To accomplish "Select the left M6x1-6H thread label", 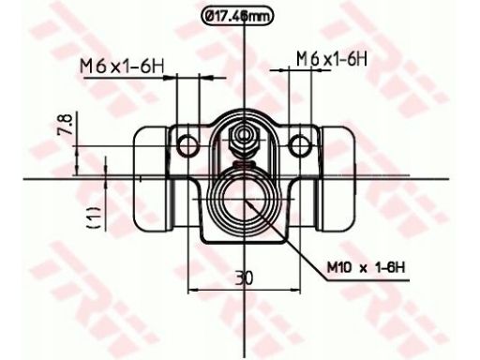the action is click(122, 67).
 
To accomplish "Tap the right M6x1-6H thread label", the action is click(332, 58).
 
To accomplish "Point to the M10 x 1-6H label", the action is click(366, 267).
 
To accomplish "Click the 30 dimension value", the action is click(244, 278).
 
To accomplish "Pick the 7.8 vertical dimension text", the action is click(65, 124).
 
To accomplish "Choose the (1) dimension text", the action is click(95, 217).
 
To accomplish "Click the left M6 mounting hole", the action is click(187, 146).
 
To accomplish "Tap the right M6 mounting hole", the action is click(300, 145).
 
